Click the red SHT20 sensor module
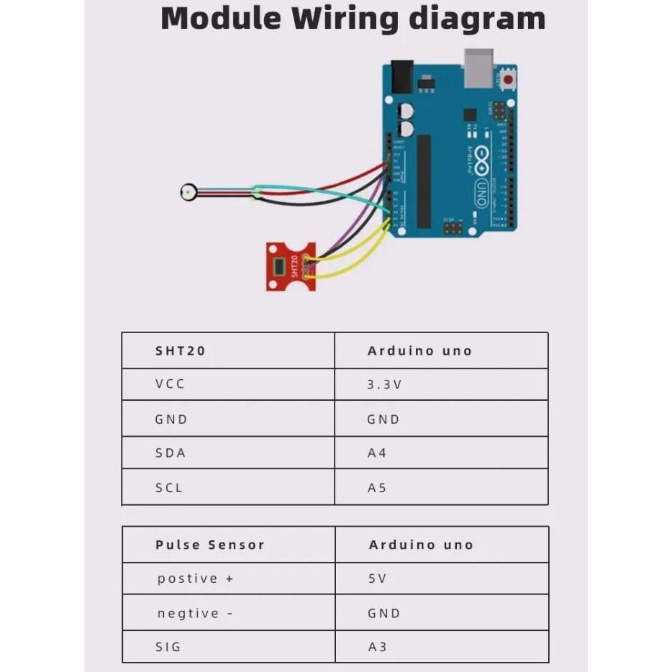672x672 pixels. click(x=287, y=265)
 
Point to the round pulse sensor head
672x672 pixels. click(x=188, y=192)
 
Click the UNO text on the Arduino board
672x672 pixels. click(x=480, y=194)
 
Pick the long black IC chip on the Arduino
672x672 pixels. click(x=424, y=181)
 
